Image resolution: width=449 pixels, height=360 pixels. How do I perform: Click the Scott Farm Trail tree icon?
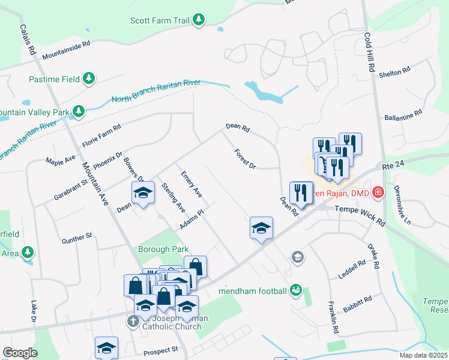coord(198,20)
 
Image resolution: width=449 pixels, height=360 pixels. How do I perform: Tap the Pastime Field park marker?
coord(89,79)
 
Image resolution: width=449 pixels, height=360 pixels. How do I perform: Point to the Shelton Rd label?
coord(394,73)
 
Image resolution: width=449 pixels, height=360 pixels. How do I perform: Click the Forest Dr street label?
coord(245,158)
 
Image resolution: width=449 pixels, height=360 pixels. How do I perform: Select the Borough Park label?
coord(163,249)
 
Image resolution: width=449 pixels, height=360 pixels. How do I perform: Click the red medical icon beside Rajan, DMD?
coord(378,193)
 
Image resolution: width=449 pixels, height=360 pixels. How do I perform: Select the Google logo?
coord(20,353)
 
